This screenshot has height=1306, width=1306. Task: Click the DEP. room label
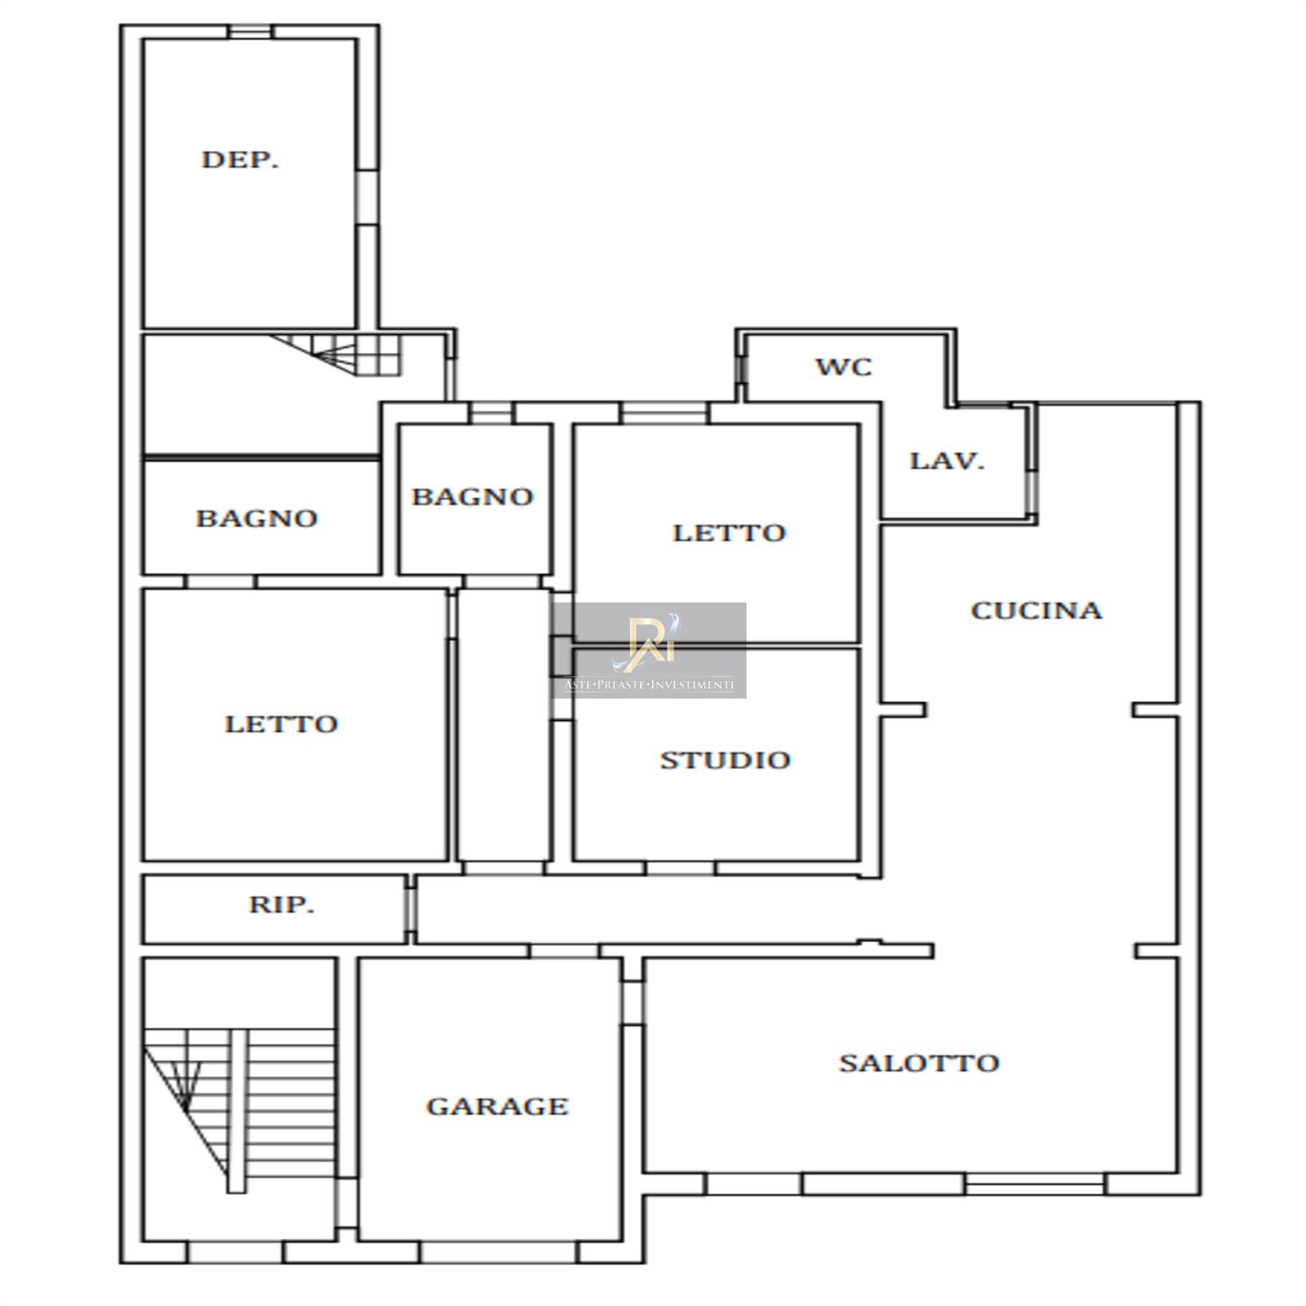point(240,159)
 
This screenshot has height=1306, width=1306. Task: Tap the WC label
point(844,366)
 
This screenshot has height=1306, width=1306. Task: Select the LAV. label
point(947,461)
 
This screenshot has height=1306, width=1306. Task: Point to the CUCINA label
point(1037,611)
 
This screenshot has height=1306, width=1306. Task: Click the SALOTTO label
point(919,1063)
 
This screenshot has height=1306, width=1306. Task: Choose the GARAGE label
point(497,1106)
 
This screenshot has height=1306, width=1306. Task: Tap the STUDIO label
point(725,760)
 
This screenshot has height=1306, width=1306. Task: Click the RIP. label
point(282,904)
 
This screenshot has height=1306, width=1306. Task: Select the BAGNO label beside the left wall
point(256,518)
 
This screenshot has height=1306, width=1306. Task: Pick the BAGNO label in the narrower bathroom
point(473,496)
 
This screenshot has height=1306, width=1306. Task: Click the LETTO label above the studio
point(729,533)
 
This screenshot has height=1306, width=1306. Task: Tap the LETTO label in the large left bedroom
point(281,724)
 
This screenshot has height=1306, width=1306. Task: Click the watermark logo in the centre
point(649,651)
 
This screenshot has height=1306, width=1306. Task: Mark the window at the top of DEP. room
point(250,32)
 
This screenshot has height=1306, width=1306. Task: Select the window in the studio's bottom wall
point(681,868)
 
